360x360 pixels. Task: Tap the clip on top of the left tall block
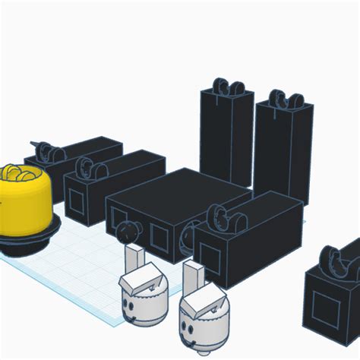226,87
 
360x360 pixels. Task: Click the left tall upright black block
226,137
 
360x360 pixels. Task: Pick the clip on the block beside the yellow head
89,169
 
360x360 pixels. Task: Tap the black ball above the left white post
128,230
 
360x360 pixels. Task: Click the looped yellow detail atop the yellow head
21,174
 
